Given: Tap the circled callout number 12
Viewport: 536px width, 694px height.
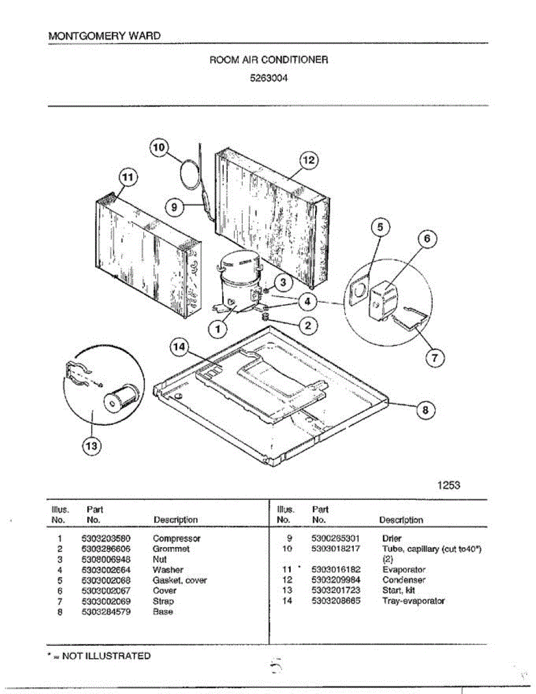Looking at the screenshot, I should (x=308, y=160).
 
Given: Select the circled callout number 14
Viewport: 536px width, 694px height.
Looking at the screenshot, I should (x=179, y=347).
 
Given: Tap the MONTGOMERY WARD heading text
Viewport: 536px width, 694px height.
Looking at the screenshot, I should (x=104, y=36).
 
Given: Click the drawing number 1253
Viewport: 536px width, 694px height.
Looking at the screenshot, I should (x=449, y=485).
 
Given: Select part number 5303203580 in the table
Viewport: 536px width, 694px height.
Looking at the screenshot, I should (x=106, y=538).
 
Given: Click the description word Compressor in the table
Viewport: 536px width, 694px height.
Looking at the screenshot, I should (x=176, y=538).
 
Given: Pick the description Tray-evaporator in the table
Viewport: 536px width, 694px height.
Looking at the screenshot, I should (x=413, y=601).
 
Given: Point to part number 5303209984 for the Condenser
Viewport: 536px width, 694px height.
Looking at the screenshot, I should (x=335, y=580).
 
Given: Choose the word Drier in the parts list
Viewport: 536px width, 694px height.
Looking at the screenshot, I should (x=392, y=538).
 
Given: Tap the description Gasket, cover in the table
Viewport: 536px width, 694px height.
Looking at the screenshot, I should (x=180, y=580).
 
